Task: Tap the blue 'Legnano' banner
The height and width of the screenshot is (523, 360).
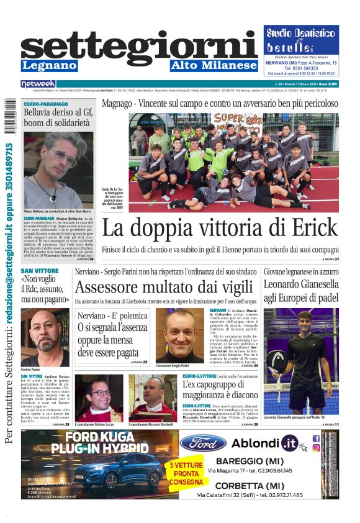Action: click(x=50, y=65)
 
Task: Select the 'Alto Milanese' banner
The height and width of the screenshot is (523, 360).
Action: click(x=214, y=65)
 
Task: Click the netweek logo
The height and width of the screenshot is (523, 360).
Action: click(x=38, y=83)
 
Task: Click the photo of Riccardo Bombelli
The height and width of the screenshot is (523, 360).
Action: click(x=153, y=397)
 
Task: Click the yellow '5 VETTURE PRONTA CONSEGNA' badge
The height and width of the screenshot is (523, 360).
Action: click(x=181, y=473)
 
